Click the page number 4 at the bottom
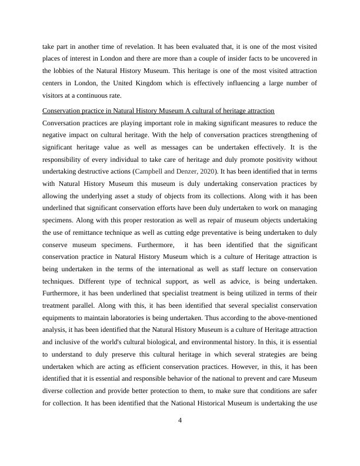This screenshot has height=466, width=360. click(x=181, y=420)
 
